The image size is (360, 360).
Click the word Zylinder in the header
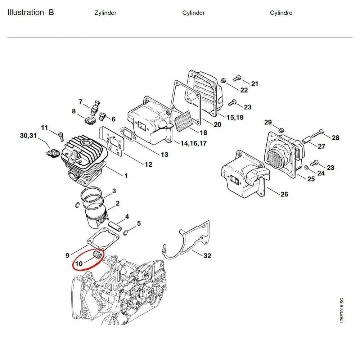pos(105,13)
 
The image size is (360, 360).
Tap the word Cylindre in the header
pos(281,13)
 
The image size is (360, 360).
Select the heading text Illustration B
pos(31,13)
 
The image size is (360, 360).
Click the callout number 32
pos(207,256)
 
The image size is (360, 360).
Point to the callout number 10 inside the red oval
pos(79,263)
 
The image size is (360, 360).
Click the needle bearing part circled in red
pos(96,255)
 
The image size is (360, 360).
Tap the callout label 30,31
pos(28,136)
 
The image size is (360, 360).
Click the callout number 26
pos(284,194)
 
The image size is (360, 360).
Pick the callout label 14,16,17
pos(193,143)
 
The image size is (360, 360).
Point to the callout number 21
pos(255,84)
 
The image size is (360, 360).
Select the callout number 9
pos(67,256)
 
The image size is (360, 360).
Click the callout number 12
pos(148,165)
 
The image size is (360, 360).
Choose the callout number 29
pos(268,123)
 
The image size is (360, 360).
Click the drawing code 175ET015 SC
pos(341,310)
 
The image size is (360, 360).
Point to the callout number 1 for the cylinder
pos(126,176)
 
